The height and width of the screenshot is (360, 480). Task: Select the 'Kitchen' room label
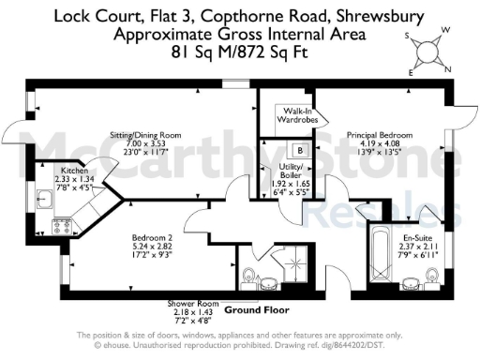(74, 172)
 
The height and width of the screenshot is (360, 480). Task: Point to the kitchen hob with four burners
(62, 225)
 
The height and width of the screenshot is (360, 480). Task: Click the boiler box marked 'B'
(299, 150)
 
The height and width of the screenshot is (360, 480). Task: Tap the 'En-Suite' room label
(404, 225)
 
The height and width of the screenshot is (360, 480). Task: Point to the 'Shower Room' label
(192, 304)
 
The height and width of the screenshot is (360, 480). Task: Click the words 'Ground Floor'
(257, 309)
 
